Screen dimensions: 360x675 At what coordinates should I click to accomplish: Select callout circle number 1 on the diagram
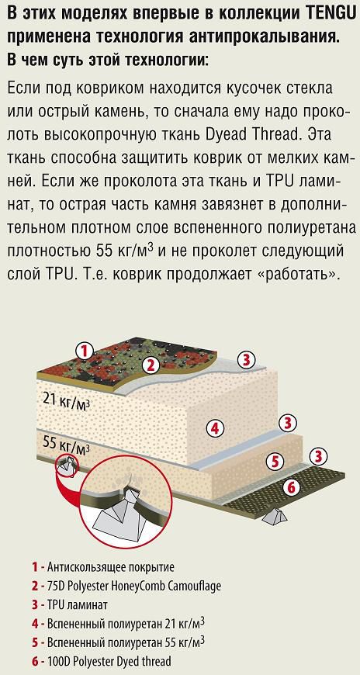point(85,351)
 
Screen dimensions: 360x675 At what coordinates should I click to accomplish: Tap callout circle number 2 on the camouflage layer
point(151,365)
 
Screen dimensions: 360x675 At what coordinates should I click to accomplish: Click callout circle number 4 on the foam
point(216,428)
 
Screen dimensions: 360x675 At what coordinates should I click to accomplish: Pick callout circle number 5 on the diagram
point(275,462)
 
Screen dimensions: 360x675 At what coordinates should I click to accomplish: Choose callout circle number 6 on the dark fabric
point(291,487)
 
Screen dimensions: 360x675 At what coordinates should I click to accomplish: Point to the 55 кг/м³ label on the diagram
point(67,445)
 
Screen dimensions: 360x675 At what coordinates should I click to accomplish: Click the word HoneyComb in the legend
point(133,587)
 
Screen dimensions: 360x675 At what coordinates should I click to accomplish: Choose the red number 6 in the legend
point(34,661)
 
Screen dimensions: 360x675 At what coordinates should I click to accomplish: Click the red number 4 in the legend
point(34,623)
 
